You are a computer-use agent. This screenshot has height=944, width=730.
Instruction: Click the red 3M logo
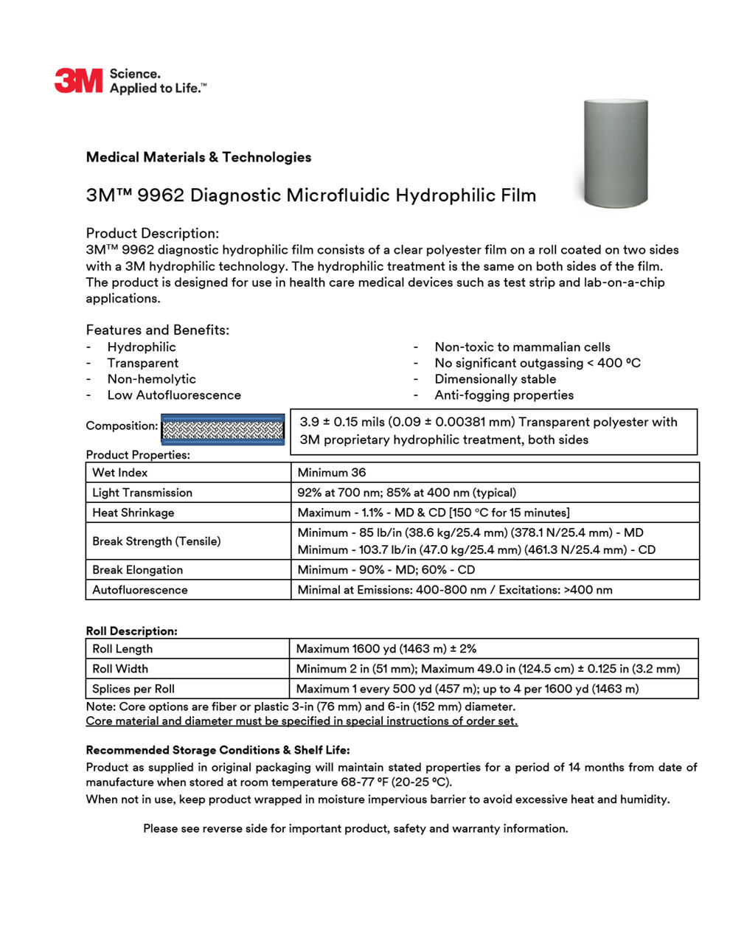click(78, 80)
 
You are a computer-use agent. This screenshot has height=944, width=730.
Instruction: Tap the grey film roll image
click(615, 153)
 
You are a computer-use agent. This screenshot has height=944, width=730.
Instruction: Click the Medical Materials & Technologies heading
click(198, 157)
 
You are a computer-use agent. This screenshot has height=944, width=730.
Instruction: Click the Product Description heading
click(153, 234)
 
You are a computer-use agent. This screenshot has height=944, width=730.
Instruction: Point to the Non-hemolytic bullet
click(151, 379)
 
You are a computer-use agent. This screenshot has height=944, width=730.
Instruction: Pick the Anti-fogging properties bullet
click(504, 395)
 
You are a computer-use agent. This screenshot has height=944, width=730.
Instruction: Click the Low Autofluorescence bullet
click(174, 395)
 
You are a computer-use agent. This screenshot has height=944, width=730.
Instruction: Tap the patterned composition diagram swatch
click(223, 429)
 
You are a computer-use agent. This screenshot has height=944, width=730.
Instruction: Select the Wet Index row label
click(120, 473)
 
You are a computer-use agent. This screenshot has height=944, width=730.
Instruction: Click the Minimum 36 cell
click(332, 473)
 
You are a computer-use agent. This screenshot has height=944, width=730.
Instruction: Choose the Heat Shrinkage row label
click(133, 513)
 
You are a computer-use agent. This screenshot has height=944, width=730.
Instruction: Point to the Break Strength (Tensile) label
click(156, 541)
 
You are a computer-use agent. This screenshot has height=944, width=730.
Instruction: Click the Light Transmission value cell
click(407, 493)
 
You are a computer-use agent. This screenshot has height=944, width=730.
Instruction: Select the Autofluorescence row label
click(140, 590)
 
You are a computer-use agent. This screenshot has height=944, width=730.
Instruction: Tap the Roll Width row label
click(120, 669)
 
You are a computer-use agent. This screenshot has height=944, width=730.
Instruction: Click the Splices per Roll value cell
click(467, 689)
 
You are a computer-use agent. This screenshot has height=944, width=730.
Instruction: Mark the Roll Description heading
click(132, 631)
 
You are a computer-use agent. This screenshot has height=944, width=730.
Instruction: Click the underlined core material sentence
click(302, 721)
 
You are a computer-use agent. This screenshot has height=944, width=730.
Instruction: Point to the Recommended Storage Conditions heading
click(218, 750)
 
